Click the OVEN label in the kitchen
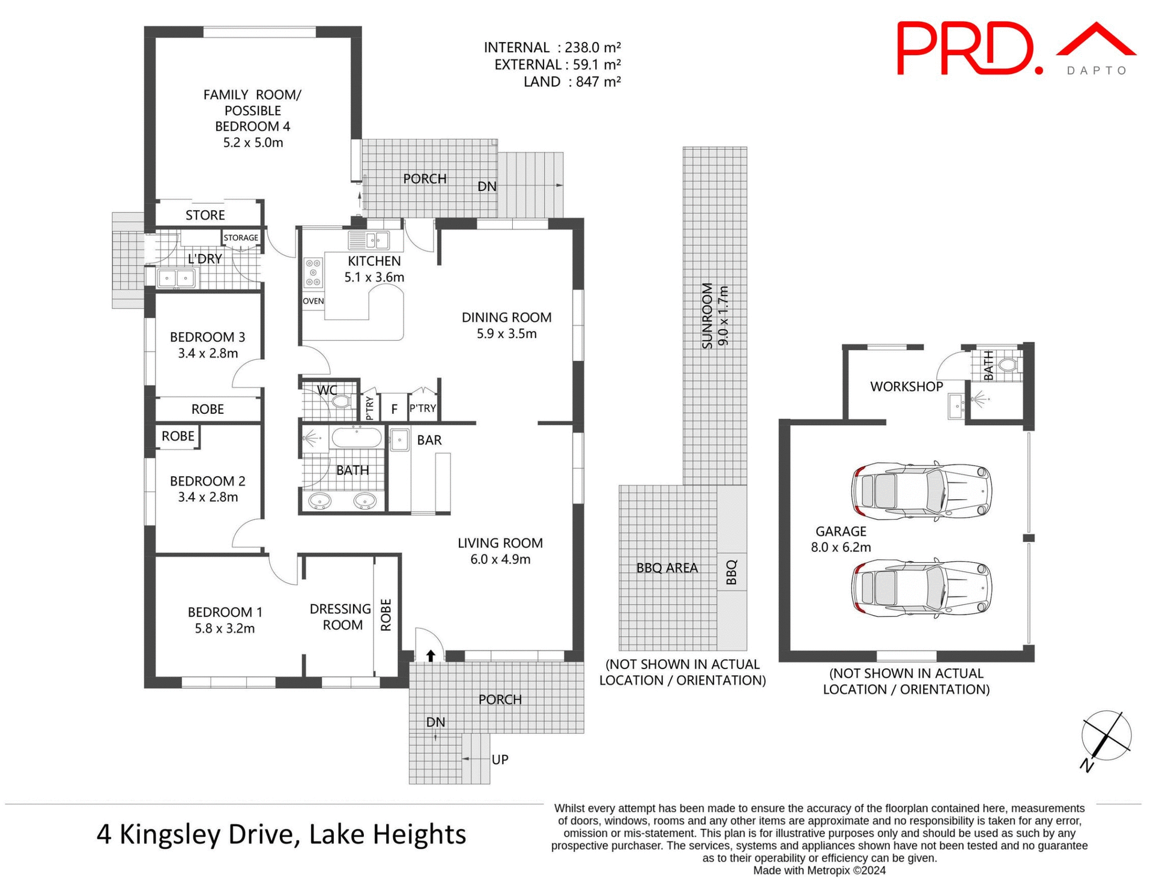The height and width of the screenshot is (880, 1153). [x=313, y=301]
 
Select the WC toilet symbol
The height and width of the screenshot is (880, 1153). [x=342, y=401]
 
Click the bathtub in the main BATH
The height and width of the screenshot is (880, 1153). [x=357, y=438]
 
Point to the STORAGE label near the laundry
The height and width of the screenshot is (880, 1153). [x=241, y=238]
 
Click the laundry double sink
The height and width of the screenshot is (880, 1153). [x=176, y=278]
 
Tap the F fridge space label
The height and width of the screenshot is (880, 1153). [x=394, y=409]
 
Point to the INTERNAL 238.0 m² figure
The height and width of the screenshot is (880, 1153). [x=552, y=47]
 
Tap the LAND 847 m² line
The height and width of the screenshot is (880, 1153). [x=571, y=82]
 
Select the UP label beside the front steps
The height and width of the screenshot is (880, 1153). [x=500, y=759]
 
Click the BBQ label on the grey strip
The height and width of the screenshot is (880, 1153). [x=731, y=572]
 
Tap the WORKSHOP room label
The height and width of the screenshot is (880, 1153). [x=906, y=387]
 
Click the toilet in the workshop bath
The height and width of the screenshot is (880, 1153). [x=1007, y=364]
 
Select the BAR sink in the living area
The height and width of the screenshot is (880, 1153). [x=399, y=440]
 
